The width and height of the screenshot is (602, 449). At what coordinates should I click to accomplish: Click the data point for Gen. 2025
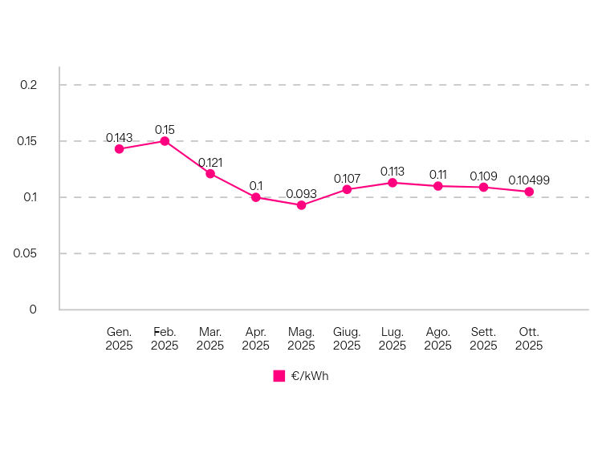point(120,149)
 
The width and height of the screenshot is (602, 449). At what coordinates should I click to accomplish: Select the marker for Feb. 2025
point(165,141)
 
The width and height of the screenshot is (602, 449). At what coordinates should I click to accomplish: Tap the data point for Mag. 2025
point(301,205)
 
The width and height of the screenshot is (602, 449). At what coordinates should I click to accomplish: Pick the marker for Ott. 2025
point(529,192)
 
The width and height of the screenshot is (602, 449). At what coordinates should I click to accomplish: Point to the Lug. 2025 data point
point(393,183)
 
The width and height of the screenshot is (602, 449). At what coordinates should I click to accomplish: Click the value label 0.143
point(120,138)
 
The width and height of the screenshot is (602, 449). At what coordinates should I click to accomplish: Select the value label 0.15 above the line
point(165,130)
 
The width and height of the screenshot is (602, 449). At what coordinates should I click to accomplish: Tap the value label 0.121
point(210,163)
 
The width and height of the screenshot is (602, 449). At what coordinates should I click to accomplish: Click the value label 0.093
point(301,194)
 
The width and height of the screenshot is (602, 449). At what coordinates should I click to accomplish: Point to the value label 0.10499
point(529,180)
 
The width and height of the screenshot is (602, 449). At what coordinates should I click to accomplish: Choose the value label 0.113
point(393,172)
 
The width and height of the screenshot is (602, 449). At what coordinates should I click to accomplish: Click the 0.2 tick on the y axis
point(28,85)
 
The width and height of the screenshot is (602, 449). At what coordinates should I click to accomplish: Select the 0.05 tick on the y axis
point(25,253)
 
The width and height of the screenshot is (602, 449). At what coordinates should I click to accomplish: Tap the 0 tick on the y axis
point(33,309)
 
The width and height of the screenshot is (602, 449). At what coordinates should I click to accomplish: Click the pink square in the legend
point(279,376)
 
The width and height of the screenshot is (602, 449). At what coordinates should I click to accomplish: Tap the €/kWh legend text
point(310,376)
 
